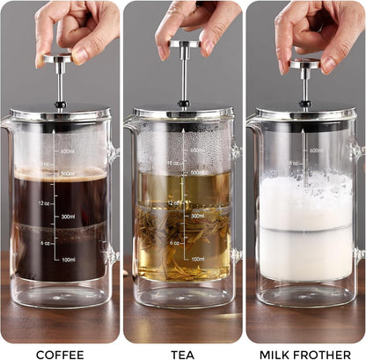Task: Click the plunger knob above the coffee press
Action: (x=58, y=57)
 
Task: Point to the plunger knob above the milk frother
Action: (x=306, y=62)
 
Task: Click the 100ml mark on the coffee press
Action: (x=67, y=260)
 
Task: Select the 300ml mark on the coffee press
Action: (x=67, y=216)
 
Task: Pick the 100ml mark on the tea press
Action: (x=197, y=260)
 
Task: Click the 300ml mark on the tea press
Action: (x=197, y=216)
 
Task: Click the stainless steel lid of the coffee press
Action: (x=59, y=114)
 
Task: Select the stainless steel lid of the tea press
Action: (x=183, y=114)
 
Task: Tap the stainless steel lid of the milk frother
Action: (x=304, y=114)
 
